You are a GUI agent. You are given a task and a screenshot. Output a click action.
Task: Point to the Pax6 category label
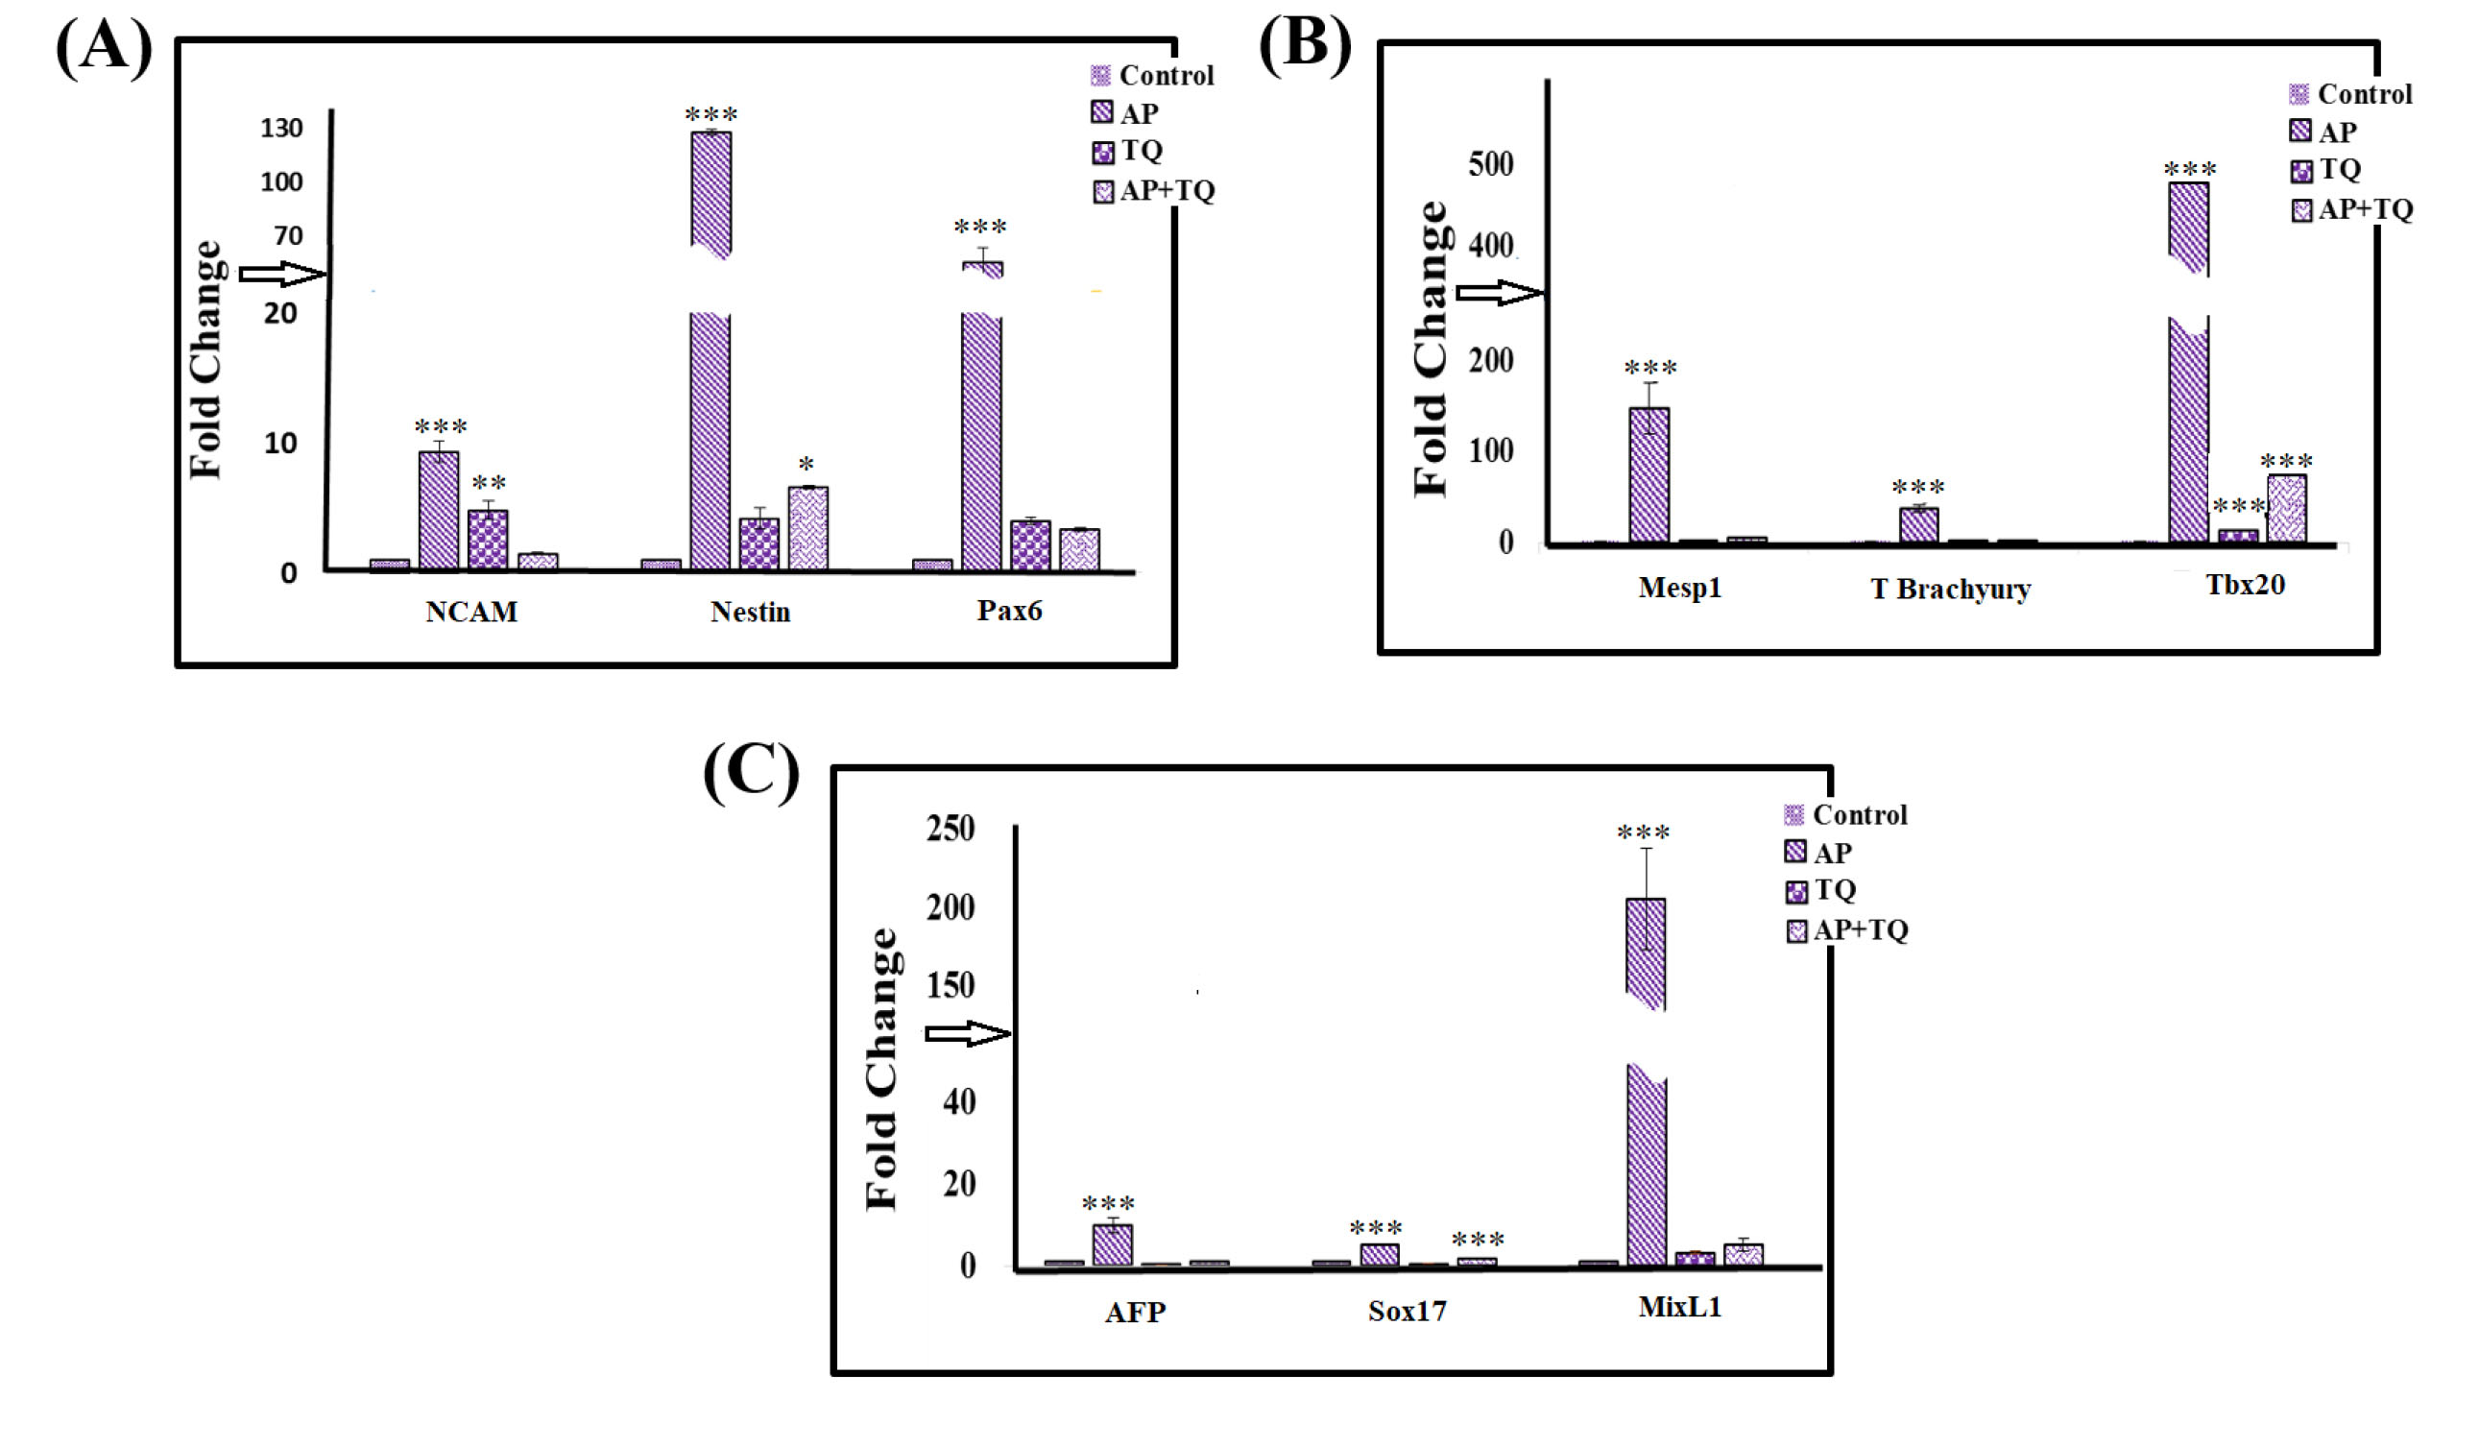click(1008, 611)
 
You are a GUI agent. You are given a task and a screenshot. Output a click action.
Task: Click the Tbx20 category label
click(2244, 586)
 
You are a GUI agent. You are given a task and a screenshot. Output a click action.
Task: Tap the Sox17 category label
click(1407, 1312)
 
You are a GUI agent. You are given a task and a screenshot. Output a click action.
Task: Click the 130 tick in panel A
click(281, 128)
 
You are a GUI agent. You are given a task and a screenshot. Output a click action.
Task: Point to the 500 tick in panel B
click(1490, 163)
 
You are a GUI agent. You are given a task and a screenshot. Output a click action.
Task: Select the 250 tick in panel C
click(951, 829)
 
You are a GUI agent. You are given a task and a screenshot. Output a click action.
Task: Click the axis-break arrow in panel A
click(281, 274)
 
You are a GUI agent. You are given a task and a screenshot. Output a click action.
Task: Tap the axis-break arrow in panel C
click(967, 1033)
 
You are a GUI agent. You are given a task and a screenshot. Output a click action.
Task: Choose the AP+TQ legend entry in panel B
click(2351, 209)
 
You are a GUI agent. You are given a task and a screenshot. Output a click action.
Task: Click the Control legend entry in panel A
click(1152, 76)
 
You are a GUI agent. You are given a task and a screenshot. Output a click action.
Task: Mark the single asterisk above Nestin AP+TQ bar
click(806, 465)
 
